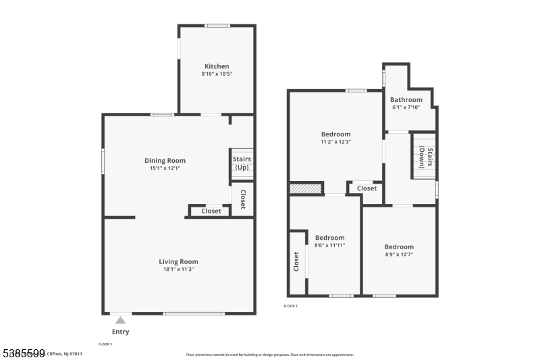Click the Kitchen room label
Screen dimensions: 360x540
(x=217, y=66)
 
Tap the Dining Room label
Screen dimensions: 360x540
(x=165, y=161)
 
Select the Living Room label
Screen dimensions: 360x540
(x=178, y=261)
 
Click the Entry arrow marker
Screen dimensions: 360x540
(x=120, y=319)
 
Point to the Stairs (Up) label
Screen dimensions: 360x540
(x=242, y=163)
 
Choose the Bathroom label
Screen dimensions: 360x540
(x=406, y=100)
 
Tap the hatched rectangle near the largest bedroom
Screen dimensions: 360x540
(x=304, y=189)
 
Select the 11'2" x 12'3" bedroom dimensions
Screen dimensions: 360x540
(x=335, y=142)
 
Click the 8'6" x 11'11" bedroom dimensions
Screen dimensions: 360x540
(x=329, y=245)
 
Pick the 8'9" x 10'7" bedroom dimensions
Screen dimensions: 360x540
(x=399, y=255)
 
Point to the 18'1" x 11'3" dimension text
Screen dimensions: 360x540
(x=178, y=269)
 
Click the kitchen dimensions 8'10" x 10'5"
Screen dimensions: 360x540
(x=217, y=74)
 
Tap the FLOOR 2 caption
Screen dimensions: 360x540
(x=290, y=306)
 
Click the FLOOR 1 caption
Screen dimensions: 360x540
(x=105, y=344)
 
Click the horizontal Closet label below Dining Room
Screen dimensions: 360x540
(x=211, y=211)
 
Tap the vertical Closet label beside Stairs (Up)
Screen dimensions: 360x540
(x=243, y=199)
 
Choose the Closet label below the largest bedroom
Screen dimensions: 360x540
(x=367, y=188)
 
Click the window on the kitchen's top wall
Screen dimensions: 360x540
(x=217, y=26)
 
